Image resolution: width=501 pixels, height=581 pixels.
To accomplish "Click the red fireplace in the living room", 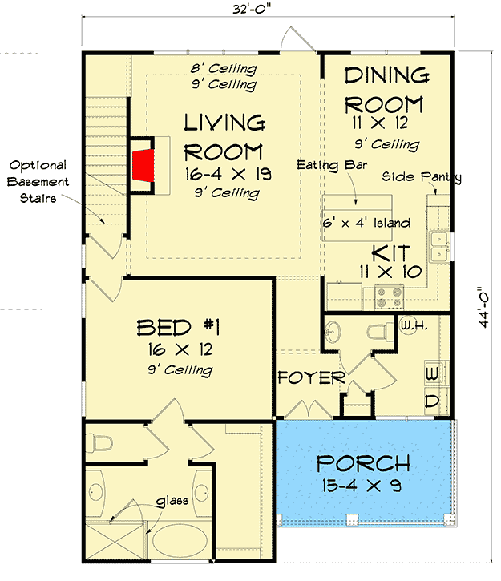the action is (143, 165).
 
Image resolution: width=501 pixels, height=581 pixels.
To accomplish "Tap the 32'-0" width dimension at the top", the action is (252, 9).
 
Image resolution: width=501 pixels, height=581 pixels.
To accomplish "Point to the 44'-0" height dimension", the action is (484, 306).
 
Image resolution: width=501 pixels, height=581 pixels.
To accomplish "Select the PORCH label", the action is (363, 463).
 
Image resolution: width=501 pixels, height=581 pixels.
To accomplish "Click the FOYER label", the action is (312, 378).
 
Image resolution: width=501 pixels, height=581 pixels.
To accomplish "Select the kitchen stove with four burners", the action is (389, 297).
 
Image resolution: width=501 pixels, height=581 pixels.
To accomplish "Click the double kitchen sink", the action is (440, 246).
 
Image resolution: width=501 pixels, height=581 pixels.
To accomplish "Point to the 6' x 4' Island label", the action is (366, 223).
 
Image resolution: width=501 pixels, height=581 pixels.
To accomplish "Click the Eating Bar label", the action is (332, 165).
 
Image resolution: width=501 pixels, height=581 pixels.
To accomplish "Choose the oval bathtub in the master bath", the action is (180, 541).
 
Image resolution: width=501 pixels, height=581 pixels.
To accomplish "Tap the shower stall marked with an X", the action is (115, 542).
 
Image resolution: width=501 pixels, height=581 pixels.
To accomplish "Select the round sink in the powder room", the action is (333, 332).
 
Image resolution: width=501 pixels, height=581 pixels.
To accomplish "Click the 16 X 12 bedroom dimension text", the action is (180, 349).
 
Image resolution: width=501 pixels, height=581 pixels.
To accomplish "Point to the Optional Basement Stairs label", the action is (38, 182).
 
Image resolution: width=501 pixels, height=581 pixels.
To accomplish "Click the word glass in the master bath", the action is (172, 502).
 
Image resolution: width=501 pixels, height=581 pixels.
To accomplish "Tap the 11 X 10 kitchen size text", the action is (390, 272).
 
